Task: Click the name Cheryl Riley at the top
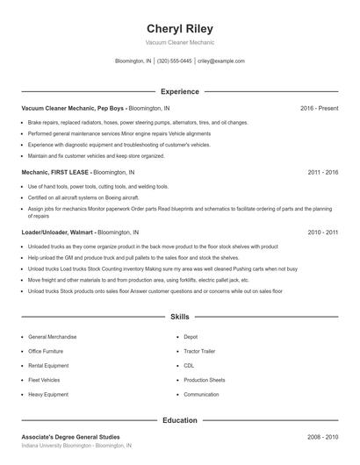(x=179, y=28)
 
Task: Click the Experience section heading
(x=179, y=91)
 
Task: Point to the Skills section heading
(x=179, y=317)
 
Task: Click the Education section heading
(x=179, y=420)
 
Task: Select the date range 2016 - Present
(x=319, y=108)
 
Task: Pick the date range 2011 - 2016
(x=322, y=173)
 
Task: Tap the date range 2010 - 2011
(x=322, y=232)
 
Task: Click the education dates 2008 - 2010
(x=322, y=436)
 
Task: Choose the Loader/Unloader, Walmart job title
(x=56, y=232)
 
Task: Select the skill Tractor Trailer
(x=200, y=351)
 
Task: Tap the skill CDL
(x=189, y=366)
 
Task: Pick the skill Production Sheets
(x=205, y=380)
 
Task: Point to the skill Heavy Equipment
(x=48, y=395)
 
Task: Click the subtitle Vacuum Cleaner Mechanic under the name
(x=179, y=42)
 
